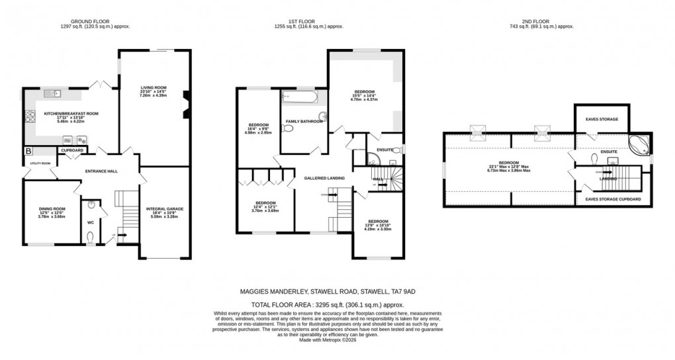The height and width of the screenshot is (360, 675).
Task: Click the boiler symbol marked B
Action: pyautogui.click(x=27, y=152)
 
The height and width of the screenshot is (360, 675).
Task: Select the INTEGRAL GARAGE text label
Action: pyautogui.click(x=165, y=209)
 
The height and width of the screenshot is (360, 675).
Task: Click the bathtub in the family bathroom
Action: pyautogui.click(x=299, y=98)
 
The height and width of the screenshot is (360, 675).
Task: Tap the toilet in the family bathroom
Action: pyautogui.click(x=322, y=118)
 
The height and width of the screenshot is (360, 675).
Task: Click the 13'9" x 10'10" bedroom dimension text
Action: pyautogui.click(x=377, y=225)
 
